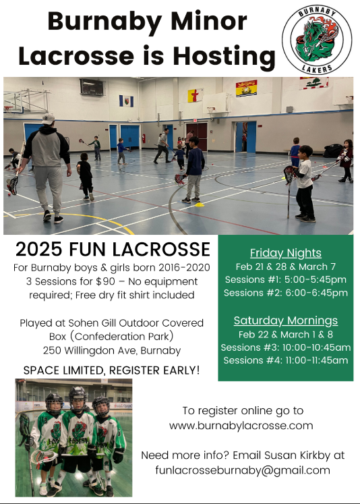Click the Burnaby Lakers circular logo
click(317, 40)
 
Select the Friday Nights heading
click(285, 253)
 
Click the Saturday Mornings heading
click(285, 320)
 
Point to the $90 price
click(105, 281)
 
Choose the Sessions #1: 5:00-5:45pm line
click(285, 279)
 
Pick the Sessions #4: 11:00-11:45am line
click(285, 360)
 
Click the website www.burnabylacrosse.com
click(241, 426)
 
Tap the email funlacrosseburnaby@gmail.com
click(243, 470)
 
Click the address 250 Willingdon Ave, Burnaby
click(112, 350)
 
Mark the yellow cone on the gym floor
click(200, 204)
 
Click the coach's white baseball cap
click(48, 119)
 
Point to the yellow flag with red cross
click(196, 95)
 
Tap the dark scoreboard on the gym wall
click(92, 87)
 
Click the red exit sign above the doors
click(195, 121)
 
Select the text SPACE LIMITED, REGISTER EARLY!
click(111, 370)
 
